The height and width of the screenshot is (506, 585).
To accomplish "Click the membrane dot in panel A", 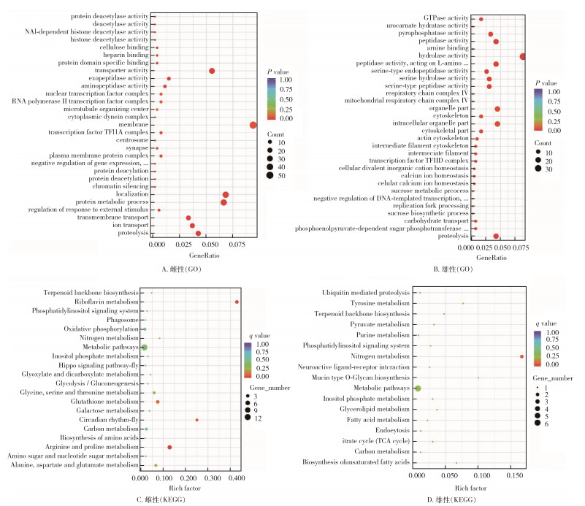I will (253, 125).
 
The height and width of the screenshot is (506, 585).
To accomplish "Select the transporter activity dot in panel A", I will (212, 71).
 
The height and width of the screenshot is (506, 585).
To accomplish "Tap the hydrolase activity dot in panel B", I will (523, 56).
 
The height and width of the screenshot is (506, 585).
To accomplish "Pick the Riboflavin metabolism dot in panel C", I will (237, 302).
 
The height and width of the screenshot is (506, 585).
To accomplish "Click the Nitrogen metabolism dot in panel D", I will (521, 356).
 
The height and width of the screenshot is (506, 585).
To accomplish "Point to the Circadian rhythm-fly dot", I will (196, 420).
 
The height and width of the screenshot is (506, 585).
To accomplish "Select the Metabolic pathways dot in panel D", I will (418, 388).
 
